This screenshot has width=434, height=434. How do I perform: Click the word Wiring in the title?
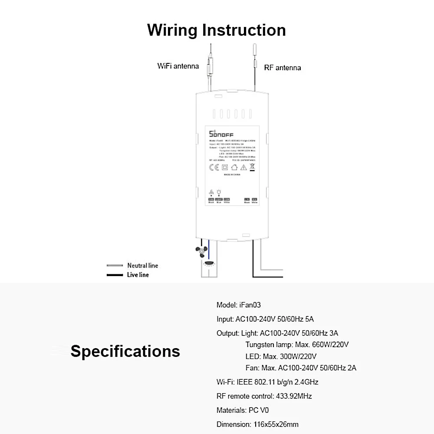coord(173,30)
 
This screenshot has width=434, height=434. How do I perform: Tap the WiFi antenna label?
coord(178,66)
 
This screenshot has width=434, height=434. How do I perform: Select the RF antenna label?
coord(282,68)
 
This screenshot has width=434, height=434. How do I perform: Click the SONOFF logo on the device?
coord(221,134)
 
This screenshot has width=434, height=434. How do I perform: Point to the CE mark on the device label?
coord(214,167)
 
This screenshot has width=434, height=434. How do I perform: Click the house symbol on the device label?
coord(235,167)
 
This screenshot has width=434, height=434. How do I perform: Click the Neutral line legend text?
coord(142,266)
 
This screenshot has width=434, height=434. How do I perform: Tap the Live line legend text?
coord(138,275)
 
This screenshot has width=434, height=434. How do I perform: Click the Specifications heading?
coord(125,351)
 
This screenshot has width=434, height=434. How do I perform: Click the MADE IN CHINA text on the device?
coord(232,175)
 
